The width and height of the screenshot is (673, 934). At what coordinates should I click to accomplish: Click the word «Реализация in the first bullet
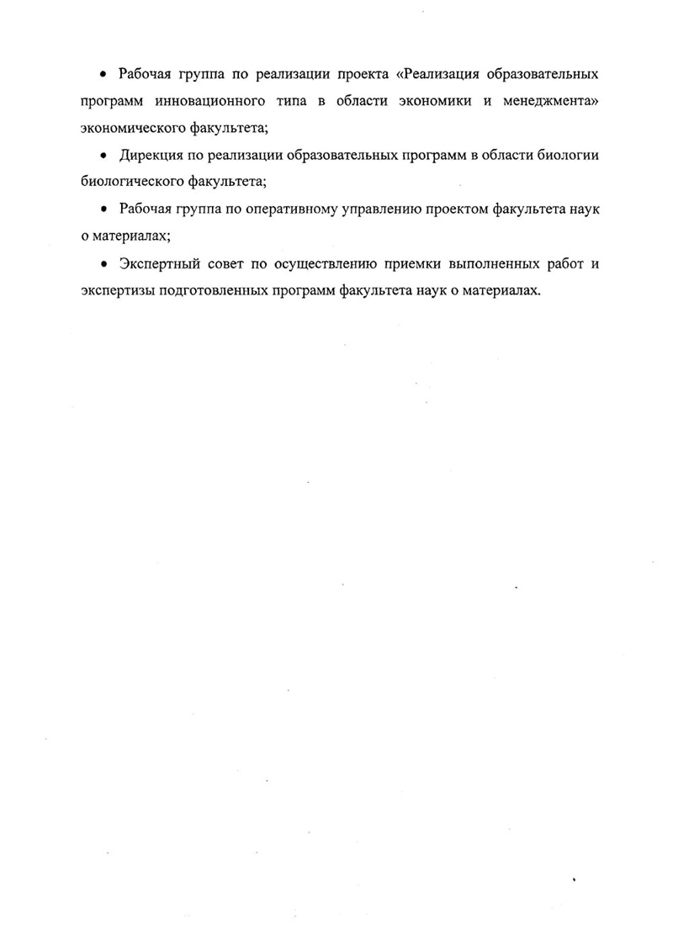(x=437, y=74)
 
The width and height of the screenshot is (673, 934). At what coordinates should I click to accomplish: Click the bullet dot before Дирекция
(x=103, y=156)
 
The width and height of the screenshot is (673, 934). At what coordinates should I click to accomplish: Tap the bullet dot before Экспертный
(x=103, y=263)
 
